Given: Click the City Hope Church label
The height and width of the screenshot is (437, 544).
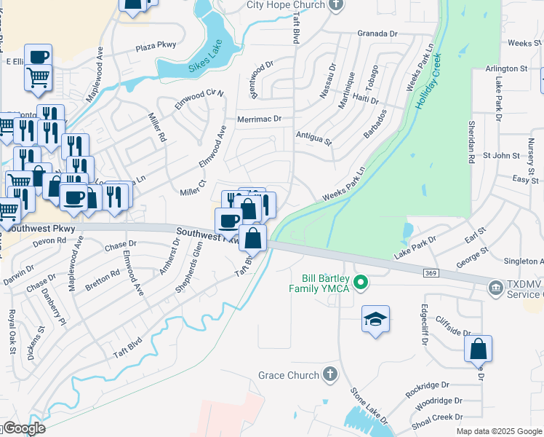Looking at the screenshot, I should coord(285,5).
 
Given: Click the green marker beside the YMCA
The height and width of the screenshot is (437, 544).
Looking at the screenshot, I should coord(359,281).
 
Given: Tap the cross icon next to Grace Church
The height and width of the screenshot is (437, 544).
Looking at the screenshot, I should coord(330,374).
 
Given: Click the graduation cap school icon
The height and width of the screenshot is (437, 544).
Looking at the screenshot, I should coord(376,319).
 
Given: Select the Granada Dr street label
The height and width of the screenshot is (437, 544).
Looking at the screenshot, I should coord(378,34).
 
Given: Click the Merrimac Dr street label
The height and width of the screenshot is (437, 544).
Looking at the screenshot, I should coord(258,119).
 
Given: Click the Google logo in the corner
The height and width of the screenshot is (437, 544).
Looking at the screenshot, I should coord(23,428).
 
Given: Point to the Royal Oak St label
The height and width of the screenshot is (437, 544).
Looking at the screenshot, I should coord(12,332).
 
